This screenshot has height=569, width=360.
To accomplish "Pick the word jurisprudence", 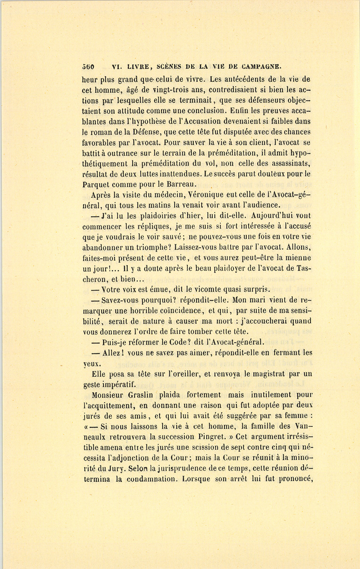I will tap(188, 468).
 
